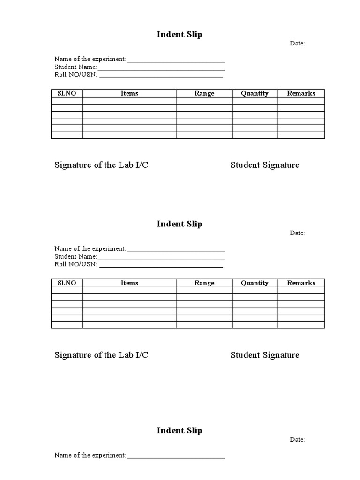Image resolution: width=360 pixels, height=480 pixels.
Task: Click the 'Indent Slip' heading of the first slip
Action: click(179, 35)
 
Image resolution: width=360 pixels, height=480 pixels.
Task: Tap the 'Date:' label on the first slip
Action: click(297, 44)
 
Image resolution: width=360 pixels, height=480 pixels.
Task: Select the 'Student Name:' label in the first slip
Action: click(75, 67)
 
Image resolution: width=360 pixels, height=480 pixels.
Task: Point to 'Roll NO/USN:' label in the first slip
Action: click(75, 75)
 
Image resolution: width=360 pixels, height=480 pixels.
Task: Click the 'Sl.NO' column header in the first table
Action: click(67, 93)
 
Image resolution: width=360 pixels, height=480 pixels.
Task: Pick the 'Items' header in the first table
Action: click(129, 93)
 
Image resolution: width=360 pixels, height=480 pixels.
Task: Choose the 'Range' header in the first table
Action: click(204, 93)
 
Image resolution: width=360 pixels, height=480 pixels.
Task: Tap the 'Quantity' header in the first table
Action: click(255, 93)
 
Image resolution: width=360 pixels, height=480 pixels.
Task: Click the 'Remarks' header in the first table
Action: click(301, 93)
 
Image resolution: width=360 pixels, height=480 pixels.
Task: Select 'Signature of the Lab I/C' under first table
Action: click(101, 165)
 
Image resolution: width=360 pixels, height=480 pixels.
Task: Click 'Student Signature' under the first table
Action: click(264, 165)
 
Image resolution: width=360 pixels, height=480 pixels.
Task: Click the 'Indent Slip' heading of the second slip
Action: click(179, 224)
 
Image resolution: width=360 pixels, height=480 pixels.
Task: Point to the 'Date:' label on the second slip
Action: click(297, 233)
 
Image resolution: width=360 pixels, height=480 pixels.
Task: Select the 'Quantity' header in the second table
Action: click(255, 283)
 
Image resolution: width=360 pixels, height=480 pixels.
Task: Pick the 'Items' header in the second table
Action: click(129, 283)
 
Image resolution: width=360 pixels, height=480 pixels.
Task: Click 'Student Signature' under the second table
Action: click(264, 355)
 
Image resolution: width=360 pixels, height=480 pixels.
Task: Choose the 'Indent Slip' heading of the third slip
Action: click(179, 431)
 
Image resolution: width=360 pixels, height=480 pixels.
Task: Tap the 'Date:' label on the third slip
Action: click(297, 440)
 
